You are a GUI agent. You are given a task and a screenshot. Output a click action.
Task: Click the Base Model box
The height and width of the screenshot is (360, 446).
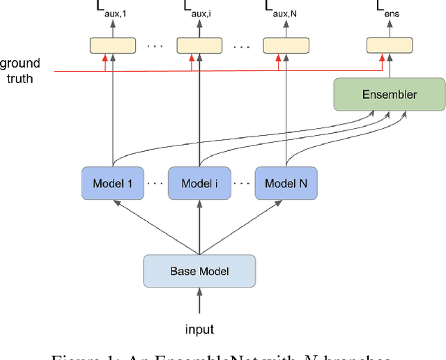tap(199, 271)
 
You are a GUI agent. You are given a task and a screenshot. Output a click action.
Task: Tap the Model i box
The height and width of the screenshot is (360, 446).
tap(200, 184)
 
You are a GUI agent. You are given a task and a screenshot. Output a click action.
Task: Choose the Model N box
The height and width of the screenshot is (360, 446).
tap(286, 184)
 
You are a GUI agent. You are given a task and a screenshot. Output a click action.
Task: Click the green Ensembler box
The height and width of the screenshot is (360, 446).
tap(390, 94)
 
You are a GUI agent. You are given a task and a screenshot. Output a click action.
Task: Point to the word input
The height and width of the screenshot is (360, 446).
tap(199, 329)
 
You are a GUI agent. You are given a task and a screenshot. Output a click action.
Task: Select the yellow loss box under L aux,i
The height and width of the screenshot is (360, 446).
tap(199, 46)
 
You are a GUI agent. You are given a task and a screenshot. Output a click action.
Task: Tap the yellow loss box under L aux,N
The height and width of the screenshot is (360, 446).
tap(285, 46)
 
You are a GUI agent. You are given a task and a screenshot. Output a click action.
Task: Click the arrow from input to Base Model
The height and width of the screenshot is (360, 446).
tap(199, 302)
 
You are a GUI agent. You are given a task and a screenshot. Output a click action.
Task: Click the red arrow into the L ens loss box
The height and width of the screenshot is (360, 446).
tap(382, 63)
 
